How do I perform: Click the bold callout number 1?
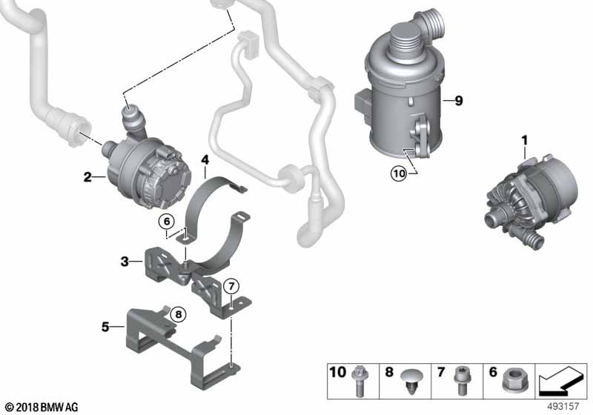tap(525, 139)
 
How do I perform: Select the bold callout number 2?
tap(87, 176)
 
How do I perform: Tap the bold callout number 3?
tap(125, 261)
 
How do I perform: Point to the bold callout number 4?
tap(205, 159)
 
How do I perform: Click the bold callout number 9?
tap(459, 102)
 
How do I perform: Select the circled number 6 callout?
tap(167, 221)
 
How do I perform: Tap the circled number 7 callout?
tap(231, 285)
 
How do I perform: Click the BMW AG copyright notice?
tap(42, 407)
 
